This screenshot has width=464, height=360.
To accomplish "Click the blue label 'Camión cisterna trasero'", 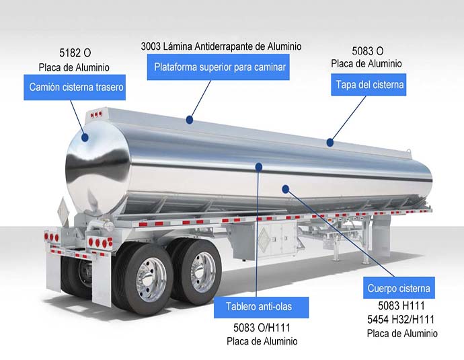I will pos(76,87).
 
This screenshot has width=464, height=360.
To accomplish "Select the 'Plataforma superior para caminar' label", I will pos(219,67).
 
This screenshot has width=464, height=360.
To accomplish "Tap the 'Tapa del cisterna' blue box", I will pos(369,85).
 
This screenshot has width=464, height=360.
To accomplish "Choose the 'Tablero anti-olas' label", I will pos(262,308).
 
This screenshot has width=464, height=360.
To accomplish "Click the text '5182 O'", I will pos(74,52).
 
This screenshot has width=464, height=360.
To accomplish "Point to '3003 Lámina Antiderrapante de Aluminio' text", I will pos(221,46).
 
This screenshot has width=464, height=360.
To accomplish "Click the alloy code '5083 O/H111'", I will pos(262,328).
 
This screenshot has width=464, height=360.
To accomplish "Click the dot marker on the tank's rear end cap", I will pos(85,137).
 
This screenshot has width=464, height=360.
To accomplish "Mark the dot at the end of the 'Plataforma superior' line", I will pos(190,120).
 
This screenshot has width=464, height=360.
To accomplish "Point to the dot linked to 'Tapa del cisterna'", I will pos(330,142).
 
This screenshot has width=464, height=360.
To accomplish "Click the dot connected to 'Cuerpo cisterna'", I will pos(285,189).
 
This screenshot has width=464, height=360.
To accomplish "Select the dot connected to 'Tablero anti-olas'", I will pos(260,165).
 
